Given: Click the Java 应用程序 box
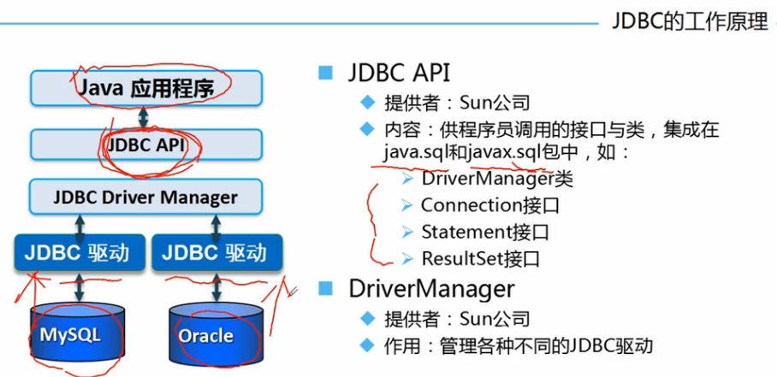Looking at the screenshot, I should pyautogui.click(x=146, y=87).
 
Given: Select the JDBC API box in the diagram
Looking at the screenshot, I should pyautogui.click(x=146, y=144).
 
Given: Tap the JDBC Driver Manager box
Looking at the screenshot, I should pyautogui.click(x=146, y=197).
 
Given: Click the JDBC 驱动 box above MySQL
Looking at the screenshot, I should pyautogui.click(x=77, y=252).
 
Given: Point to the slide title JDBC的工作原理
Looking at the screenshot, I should pyautogui.click(x=690, y=21).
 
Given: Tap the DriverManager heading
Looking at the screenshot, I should pyautogui.click(x=431, y=287).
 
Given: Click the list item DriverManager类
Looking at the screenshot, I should pyautogui.click(x=496, y=179).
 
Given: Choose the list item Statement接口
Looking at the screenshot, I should pyautogui.click(x=484, y=232).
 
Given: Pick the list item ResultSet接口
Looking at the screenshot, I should pyautogui.click(x=480, y=258).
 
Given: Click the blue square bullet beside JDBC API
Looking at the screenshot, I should pyautogui.click(x=326, y=73).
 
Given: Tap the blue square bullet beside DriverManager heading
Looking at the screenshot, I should pyautogui.click(x=326, y=288).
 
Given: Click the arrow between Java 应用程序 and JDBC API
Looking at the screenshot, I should pyautogui.click(x=146, y=115).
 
